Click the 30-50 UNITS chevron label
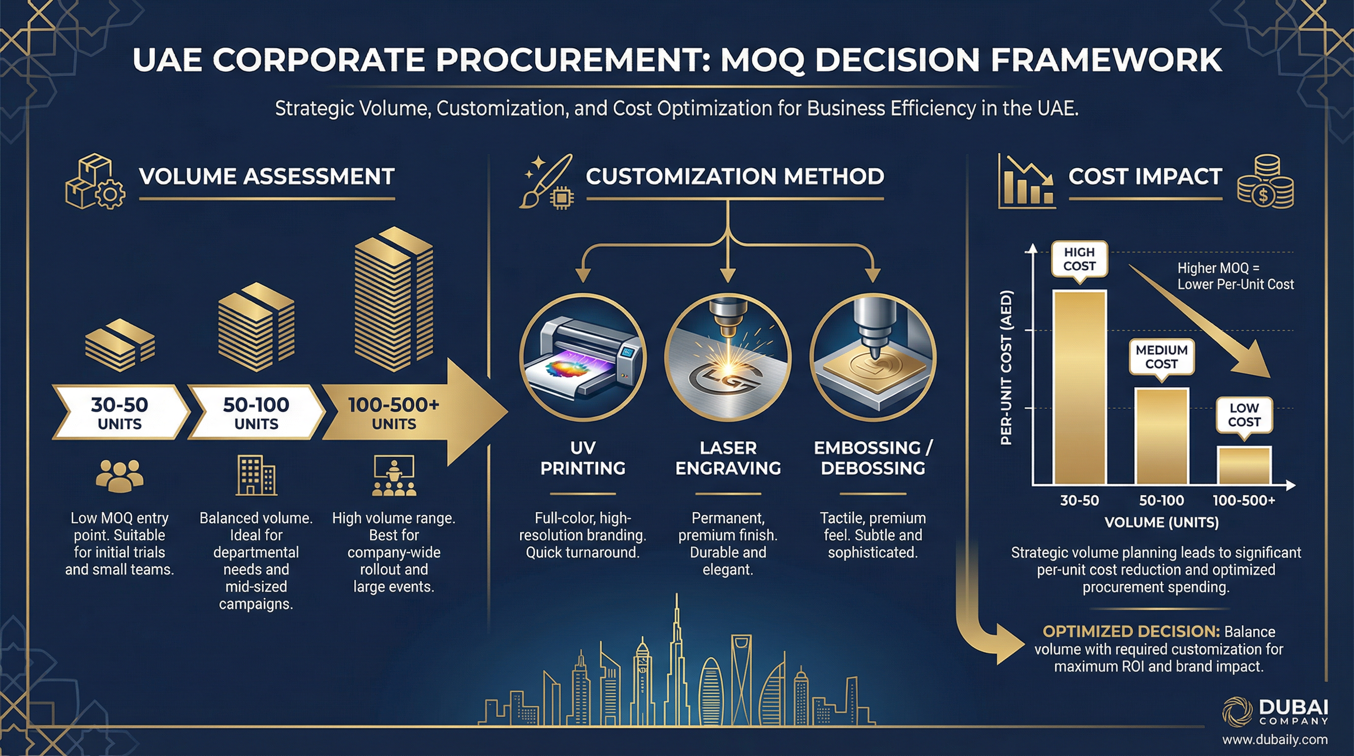120,412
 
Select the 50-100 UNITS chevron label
256,412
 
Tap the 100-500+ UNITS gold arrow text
394,412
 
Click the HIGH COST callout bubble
1079,259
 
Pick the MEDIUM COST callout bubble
1161,357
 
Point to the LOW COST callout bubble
1244,415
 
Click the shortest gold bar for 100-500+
1244,465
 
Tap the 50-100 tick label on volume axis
1161,500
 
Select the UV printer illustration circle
583,357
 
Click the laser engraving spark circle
728,357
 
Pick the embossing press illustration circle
873,357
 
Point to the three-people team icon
120,475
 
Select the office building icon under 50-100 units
256,475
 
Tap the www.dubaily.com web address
1275,740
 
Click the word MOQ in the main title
761,60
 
